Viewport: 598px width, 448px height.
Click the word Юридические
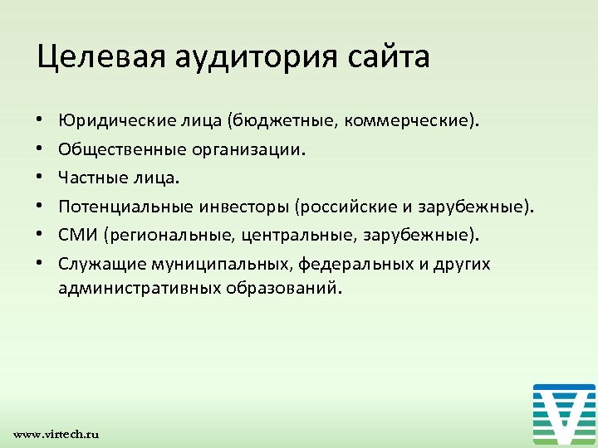112,122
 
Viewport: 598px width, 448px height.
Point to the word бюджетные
278,122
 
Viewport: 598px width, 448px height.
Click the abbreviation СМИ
78,235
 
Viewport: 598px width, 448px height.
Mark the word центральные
299,235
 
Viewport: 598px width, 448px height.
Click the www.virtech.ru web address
56,434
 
